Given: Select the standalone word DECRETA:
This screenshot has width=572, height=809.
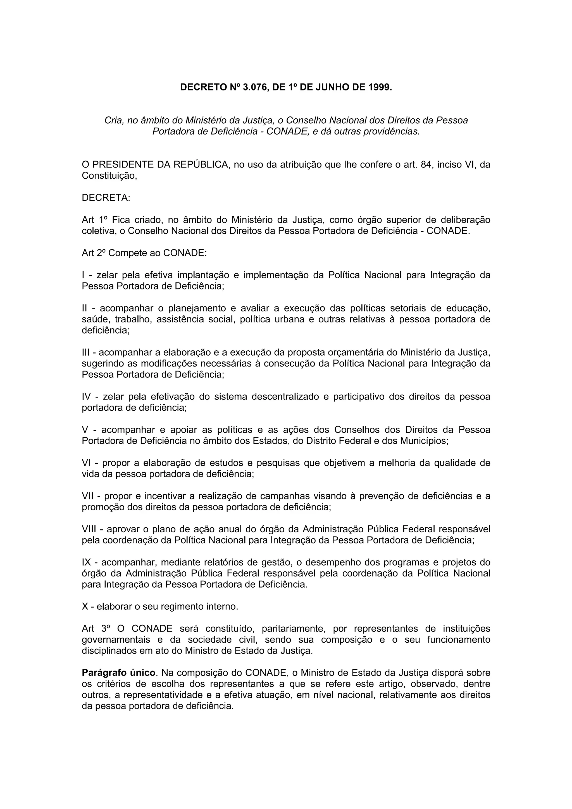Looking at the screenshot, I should point(106,198).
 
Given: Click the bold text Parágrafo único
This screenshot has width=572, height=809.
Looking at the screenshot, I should point(118,673).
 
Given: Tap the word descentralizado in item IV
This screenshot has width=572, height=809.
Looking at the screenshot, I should point(285,396).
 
